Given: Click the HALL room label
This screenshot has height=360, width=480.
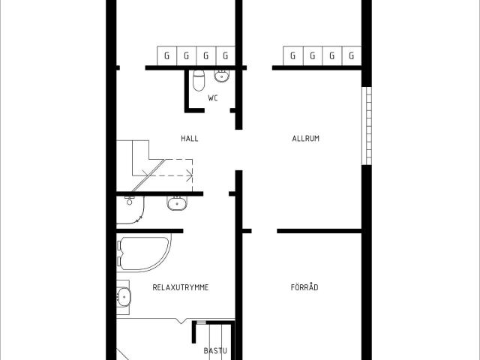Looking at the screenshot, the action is [190, 139].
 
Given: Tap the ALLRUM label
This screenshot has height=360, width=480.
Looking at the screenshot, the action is [305, 139].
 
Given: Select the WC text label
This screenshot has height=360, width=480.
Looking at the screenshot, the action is [213, 98].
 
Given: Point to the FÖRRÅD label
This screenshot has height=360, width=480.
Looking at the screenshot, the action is [304, 287].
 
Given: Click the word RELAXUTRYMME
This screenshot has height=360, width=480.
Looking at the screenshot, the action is [181, 287].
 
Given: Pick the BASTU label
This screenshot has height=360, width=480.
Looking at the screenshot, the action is [215, 351].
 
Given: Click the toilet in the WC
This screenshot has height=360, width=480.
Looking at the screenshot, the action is [199, 80].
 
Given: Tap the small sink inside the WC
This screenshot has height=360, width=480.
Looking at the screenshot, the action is [221, 76].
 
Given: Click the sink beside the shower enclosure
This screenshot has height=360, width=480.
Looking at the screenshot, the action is [177, 203].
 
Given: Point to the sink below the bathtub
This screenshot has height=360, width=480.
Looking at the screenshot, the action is [124, 297].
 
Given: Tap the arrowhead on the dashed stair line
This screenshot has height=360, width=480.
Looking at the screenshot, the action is [190, 175].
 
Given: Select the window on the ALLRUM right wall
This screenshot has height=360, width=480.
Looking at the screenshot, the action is [367, 126].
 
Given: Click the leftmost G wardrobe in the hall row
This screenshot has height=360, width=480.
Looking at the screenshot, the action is [166, 55].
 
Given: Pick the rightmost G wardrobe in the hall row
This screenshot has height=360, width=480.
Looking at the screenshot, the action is [226, 55].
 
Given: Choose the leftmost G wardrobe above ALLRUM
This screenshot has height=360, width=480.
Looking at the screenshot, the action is [293, 55].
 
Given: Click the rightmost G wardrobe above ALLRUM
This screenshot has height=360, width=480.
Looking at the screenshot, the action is [352, 55].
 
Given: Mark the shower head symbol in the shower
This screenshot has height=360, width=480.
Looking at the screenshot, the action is [129, 200].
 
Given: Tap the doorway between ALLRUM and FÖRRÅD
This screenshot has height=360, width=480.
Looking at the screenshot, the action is [264, 231].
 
